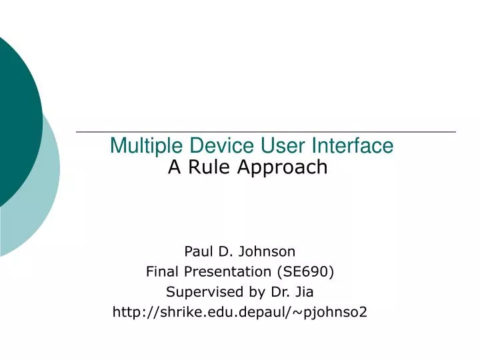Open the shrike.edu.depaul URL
click(x=239, y=311)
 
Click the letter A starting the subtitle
click(x=175, y=167)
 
